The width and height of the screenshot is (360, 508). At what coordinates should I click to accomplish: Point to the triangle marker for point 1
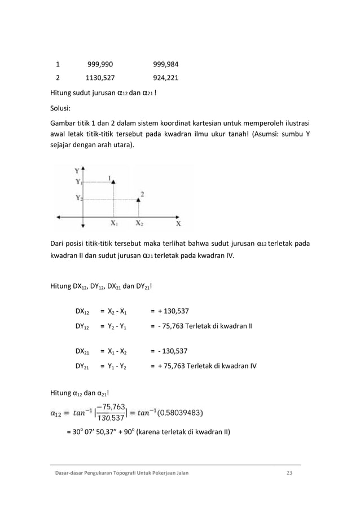pos(114,182)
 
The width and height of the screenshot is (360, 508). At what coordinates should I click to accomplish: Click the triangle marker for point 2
pos(139,199)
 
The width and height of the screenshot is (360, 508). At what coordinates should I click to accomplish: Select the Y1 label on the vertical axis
pos(78,182)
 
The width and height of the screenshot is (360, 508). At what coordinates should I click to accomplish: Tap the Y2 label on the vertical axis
pos(78,198)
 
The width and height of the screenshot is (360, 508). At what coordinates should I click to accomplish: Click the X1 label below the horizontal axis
pos(114,223)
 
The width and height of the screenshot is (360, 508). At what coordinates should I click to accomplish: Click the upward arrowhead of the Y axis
pos(84,167)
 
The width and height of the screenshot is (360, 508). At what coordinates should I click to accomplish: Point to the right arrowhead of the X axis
pos(179,216)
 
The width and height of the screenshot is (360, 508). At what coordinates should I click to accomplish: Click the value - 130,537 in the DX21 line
pos(171,351)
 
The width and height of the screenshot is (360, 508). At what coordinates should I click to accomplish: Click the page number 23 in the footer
pos(289,472)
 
